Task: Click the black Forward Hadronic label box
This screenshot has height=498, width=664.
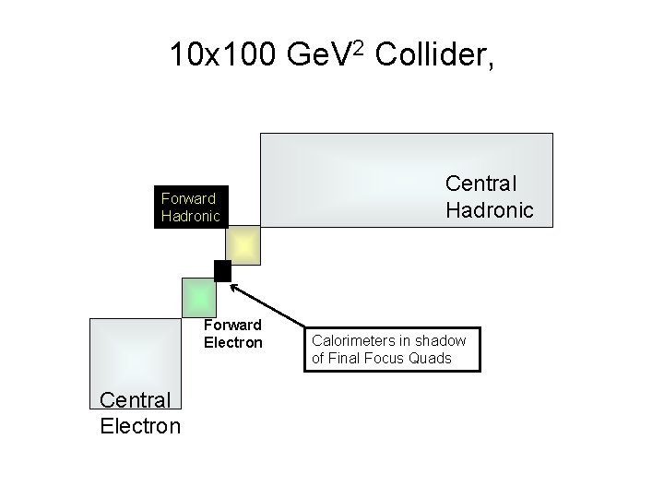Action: (190, 207)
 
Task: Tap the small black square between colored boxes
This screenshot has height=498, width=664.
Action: (221, 270)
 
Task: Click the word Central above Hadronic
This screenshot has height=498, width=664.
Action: (481, 184)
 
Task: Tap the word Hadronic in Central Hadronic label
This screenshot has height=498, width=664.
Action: (489, 209)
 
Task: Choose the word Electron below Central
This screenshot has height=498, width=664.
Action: (139, 425)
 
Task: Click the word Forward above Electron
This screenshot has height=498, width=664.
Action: (232, 325)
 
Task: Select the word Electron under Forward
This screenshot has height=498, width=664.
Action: (233, 343)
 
